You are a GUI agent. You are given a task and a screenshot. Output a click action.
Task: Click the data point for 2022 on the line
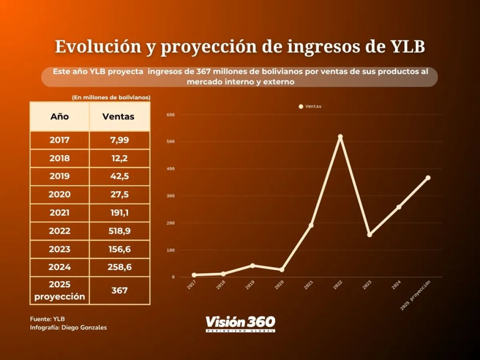(x=340, y=137)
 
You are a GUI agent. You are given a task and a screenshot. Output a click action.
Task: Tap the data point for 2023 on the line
(x=370, y=235)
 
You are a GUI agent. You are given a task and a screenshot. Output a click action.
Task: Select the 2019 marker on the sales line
(x=252, y=266)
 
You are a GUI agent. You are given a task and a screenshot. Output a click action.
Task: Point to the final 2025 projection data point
(x=428, y=178)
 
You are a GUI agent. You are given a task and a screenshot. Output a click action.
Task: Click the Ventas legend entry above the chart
(x=310, y=106)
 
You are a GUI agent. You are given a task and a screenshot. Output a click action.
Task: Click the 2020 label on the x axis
(x=279, y=285)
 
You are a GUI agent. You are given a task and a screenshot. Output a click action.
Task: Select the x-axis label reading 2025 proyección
(x=416, y=296)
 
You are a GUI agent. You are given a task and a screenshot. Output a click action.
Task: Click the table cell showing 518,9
(x=119, y=231)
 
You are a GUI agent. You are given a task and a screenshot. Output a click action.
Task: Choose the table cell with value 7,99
(x=119, y=140)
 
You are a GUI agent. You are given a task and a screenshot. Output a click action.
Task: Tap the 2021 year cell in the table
(x=60, y=213)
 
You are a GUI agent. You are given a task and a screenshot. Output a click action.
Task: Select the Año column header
(x=60, y=117)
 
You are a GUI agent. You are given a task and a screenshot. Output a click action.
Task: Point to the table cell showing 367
(x=119, y=290)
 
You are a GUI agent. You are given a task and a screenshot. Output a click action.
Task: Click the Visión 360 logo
(x=240, y=323)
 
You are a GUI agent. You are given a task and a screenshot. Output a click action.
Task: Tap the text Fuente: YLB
(x=47, y=319)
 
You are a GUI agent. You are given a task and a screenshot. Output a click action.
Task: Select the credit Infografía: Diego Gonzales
(x=68, y=328)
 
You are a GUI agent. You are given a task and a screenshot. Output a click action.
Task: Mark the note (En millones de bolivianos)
(x=111, y=98)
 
